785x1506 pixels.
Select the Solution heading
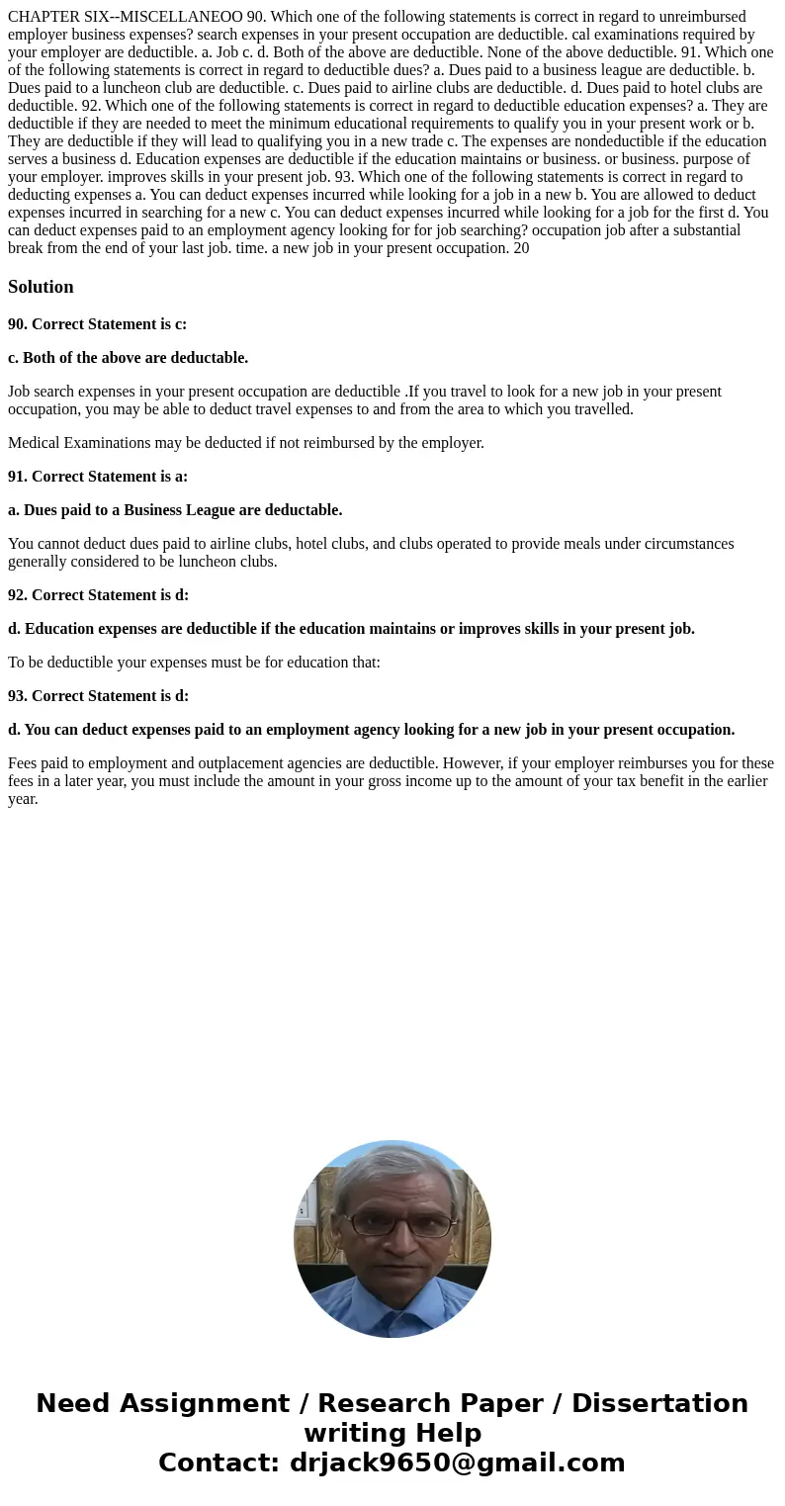pos(41,287)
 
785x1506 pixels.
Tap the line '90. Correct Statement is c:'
pos(97,324)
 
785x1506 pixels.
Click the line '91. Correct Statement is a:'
pos(97,477)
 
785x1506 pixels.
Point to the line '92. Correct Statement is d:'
pos(98,595)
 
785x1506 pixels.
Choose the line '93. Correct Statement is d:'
pos(98,696)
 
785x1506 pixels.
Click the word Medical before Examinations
pos(37,443)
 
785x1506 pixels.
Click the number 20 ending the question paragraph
pos(521,248)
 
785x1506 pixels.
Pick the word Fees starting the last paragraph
pos(24,763)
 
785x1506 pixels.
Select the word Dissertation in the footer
pos(659,1404)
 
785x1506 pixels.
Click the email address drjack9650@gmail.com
pos(457,1463)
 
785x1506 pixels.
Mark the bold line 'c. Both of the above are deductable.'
pos(128,358)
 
